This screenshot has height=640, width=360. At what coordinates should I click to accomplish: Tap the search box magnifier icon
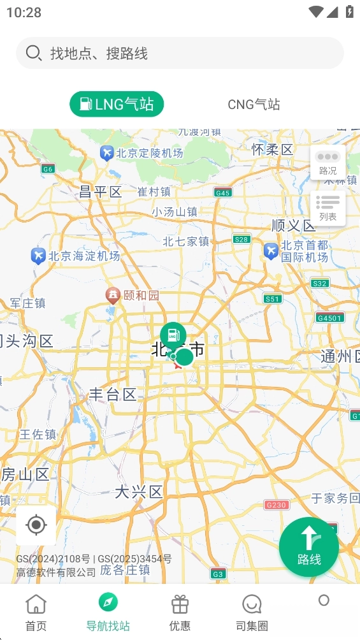(x=33, y=53)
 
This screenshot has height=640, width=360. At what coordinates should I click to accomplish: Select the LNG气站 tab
(x=117, y=105)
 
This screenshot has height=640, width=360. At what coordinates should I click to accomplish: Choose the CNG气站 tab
(x=254, y=105)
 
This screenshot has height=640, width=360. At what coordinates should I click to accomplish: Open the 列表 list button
(x=328, y=208)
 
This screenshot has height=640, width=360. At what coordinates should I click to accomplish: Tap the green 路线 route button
(x=309, y=547)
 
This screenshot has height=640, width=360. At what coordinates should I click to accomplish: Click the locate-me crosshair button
(x=36, y=525)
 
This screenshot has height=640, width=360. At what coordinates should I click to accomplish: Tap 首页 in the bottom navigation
(x=36, y=612)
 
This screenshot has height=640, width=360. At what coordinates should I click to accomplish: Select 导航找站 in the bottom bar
(x=108, y=612)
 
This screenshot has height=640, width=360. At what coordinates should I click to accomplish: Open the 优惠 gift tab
(x=180, y=612)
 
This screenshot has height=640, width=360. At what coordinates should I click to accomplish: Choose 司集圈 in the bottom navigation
(x=252, y=612)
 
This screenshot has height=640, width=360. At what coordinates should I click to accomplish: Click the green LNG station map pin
(x=173, y=335)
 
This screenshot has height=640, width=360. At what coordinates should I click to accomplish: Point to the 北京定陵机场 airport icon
(x=106, y=153)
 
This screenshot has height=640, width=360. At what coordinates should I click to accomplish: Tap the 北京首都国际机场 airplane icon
(x=271, y=251)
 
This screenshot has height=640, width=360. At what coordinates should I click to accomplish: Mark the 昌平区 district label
(x=100, y=192)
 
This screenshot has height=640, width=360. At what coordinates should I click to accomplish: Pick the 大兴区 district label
(x=139, y=491)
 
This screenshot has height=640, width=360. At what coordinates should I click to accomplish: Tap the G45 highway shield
(x=222, y=193)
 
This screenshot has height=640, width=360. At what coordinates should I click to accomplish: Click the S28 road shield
(x=241, y=239)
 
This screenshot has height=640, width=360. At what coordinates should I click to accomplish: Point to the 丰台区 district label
(x=113, y=395)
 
